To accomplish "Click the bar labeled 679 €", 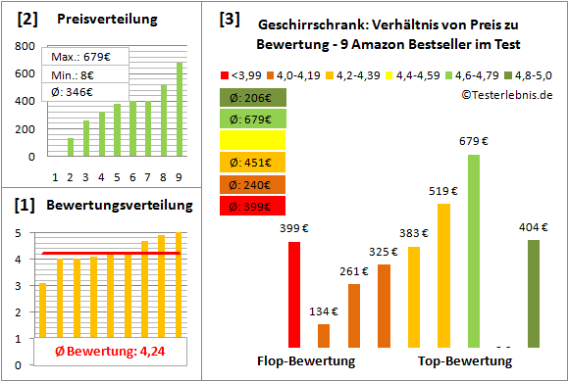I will (474, 251).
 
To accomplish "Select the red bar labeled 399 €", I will (294, 295).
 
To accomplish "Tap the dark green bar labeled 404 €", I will (533, 294).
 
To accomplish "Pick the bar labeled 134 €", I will (324, 336).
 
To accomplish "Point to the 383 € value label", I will (413, 233).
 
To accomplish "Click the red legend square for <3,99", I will (225, 73).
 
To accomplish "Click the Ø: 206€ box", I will (253, 97).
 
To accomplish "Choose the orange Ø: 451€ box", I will (253, 162).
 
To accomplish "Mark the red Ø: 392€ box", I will (253, 205).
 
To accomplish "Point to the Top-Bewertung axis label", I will (465, 361).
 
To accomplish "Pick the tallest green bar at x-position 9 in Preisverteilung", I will (180, 109).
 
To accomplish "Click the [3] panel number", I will (230, 18).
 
